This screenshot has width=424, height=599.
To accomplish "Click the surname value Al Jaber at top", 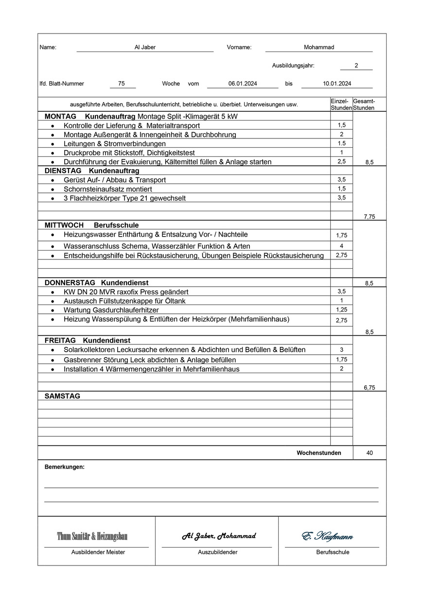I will [145, 47].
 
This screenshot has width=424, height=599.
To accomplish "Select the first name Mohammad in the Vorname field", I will [318, 47].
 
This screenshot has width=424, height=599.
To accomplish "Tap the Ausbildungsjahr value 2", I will [356, 66].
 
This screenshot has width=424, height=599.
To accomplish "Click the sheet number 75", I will [122, 84].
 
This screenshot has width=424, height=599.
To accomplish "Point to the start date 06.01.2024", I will [243, 84].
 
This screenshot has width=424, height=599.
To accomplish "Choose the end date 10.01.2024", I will [337, 84].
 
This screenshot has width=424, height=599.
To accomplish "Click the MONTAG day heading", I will [60, 117].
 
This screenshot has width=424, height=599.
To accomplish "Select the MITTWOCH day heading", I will [64, 225].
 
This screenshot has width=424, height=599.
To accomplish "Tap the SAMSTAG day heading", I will [62, 396].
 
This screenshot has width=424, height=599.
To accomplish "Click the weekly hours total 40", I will [370, 453].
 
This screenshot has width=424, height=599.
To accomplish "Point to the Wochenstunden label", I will [319, 453].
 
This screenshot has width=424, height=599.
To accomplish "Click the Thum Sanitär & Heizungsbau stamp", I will [92, 536].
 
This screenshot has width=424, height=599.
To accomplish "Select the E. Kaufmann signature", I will [327, 536].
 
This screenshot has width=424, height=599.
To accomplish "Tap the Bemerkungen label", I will [64, 467].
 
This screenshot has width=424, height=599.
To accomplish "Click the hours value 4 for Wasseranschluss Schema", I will [341, 246].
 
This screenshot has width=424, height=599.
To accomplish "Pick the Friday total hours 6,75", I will [370, 388].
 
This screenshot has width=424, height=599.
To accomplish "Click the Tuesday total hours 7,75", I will [370, 217].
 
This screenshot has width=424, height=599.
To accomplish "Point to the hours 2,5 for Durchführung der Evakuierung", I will [341, 161].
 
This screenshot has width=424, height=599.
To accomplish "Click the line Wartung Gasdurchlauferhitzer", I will [111, 310].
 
